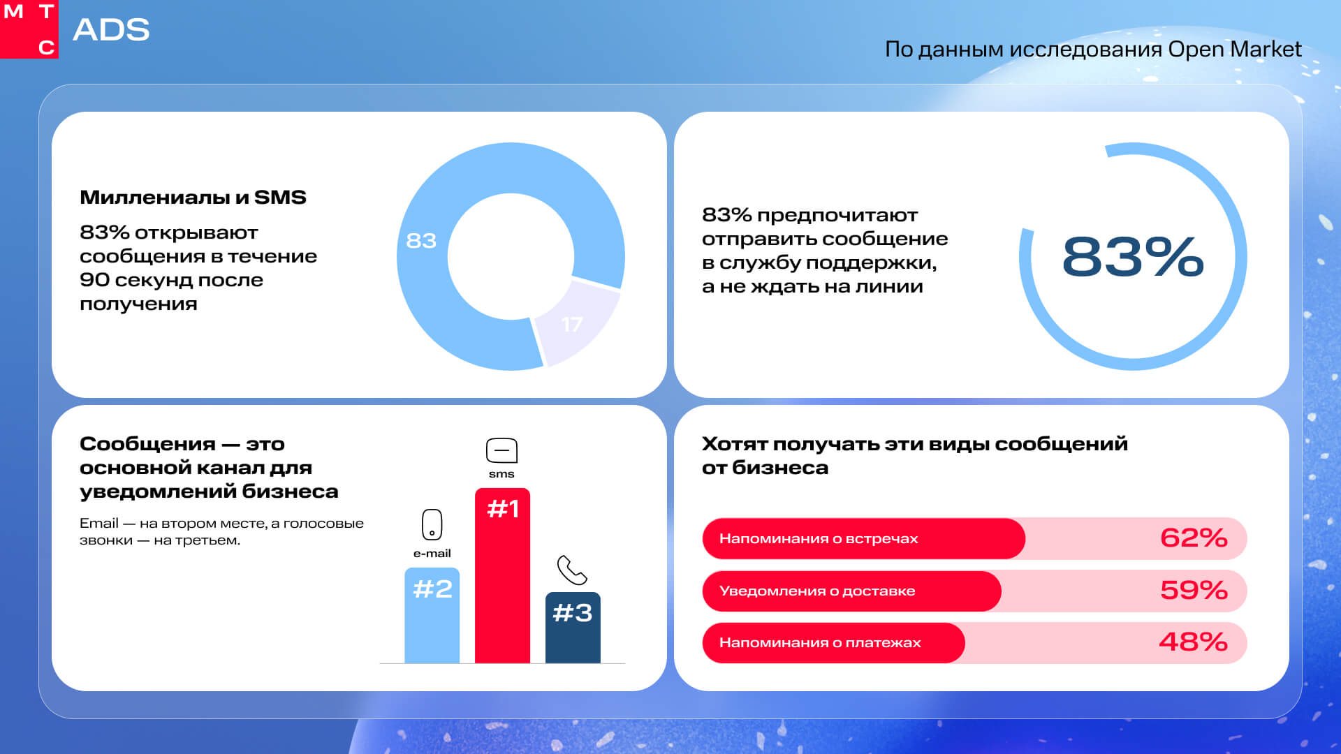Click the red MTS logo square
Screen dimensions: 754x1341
pyautogui.click(x=29, y=29)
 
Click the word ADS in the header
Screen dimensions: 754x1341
pyautogui.click(x=111, y=30)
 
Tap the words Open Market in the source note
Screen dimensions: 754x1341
pyautogui.click(x=1234, y=49)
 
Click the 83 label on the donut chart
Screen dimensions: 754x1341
pyautogui.click(x=421, y=241)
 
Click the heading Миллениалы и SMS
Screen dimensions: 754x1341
pyautogui.click(x=193, y=198)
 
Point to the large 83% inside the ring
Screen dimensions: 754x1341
pyautogui.click(x=1132, y=257)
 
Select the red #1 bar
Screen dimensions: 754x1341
pyautogui.click(x=502, y=579)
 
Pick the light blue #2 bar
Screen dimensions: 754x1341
pyautogui.click(x=432, y=618)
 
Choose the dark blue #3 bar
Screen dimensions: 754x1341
pyautogui.click(x=573, y=628)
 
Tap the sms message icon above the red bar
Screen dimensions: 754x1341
pyautogui.click(x=501, y=451)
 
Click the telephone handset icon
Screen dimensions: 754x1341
pyautogui.click(x=572, y=570)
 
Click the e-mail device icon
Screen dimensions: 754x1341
pyautogui.click(x=432, y=524)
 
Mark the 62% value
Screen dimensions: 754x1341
pyautogui.click(x=1193, y=538)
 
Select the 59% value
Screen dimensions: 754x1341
pyautogui.click(x=1193, y=591)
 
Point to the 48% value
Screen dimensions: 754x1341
pyautogui.click(x=1193, y=642)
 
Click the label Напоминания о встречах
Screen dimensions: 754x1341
pyautogui.click(x=819, y=539)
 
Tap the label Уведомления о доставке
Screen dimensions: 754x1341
pyautogui.click(x=817, y=591)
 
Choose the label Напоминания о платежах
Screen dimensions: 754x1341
pyautogui.click(x=820, y=643)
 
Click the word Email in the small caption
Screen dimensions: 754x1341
pyautogui.click(x=98, y=524)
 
